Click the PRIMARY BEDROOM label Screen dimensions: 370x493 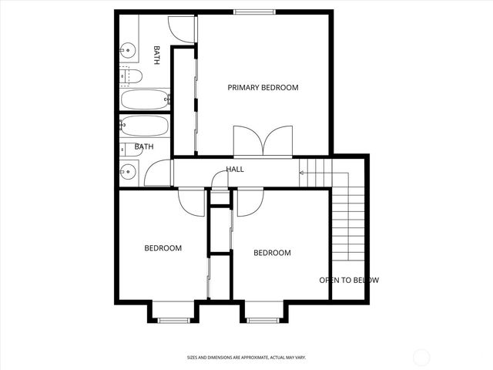coord(263,88)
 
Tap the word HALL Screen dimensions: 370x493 coord(235,169)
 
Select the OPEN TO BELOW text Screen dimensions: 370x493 coord(349,281)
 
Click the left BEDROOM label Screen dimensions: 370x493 coord(163,248)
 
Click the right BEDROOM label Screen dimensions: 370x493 coord(272,253)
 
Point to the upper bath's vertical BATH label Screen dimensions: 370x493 coord(157,55)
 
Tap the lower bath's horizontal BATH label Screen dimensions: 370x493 coord(144,146)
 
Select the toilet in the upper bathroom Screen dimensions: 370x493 coord(130,76)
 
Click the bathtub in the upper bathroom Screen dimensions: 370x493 coord(144,99)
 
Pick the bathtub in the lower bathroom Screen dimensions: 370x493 coord(144,126)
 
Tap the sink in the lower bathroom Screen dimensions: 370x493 coord(128,171)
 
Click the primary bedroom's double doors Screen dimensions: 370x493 coord(263,142)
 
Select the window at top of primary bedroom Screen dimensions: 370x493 coord(255,12)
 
